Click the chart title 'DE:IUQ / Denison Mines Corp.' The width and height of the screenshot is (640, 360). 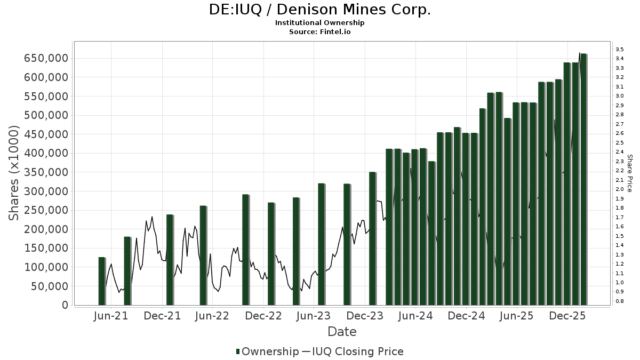tap(319, 10)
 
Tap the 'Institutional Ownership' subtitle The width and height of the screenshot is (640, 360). tap(319, 23)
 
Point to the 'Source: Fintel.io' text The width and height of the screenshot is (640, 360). tap(319, 32)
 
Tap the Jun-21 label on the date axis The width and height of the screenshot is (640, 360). tap(111, 316)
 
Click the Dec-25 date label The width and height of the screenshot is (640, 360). tap(568, 316)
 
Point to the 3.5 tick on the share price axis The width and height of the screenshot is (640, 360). tap(619, 50)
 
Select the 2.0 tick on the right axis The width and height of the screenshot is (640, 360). tap(619, 189)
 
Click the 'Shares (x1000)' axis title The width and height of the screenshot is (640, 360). tap(14, 173)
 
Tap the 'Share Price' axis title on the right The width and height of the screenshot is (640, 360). tap(629, 173)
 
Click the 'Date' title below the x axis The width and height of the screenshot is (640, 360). tap(342, 332)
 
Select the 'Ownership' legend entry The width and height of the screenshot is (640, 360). tap(270, 351)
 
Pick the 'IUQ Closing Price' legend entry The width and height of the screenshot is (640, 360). tap(357, 351)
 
